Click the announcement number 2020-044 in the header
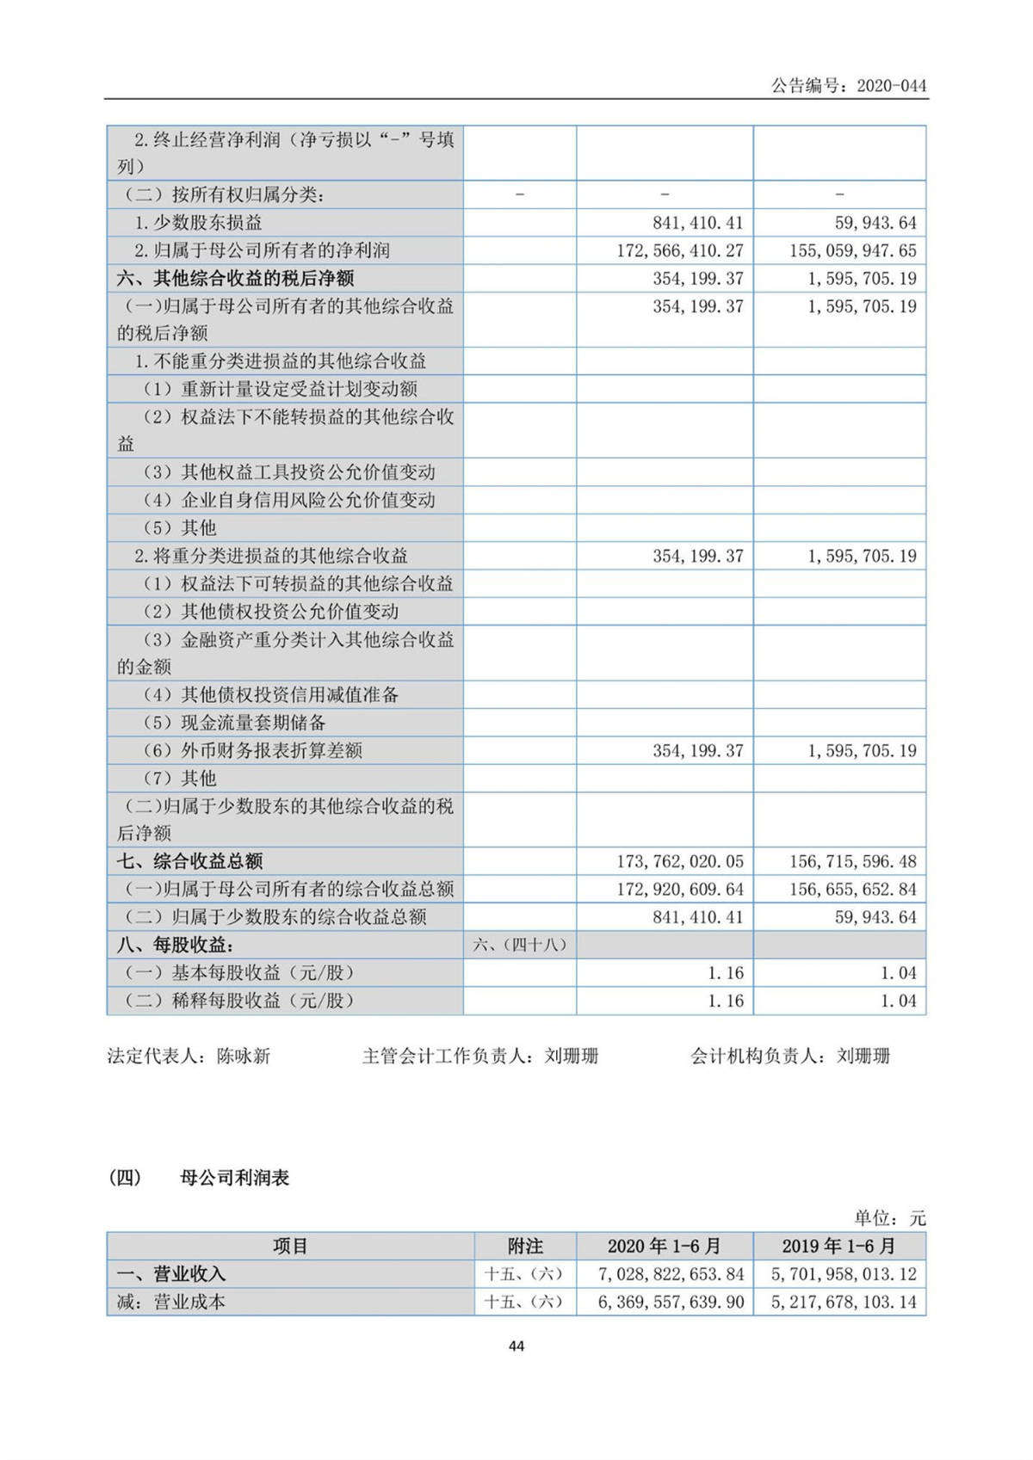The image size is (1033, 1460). coord(891,85)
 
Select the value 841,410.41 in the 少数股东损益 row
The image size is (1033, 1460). coord(697,223)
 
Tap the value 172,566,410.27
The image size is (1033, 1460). coord(679,251)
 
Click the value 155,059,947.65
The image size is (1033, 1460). coord(852,251)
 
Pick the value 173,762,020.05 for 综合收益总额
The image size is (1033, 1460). coord(679,861)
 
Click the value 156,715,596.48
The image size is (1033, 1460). coord(852,861)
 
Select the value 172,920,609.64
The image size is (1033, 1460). coord(679,889)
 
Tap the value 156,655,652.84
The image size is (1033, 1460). coord(852,889)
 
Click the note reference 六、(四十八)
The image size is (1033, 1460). coord(520,945)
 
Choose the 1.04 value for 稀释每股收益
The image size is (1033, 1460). coord(898,1001)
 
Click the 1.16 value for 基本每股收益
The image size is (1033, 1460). coord(725,973)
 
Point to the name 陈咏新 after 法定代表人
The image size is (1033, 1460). coord(244,1056)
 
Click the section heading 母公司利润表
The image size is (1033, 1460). coord(234,1178)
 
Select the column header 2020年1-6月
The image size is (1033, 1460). coord(664,1246)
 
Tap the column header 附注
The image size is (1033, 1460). coord(525,1246)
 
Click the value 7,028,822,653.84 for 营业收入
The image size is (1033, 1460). coord(671,1274)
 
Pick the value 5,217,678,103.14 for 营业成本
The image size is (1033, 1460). coord(843,1302)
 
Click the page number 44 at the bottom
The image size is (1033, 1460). coord(516,1346)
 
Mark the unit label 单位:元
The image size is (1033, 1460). coord(889,1218)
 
